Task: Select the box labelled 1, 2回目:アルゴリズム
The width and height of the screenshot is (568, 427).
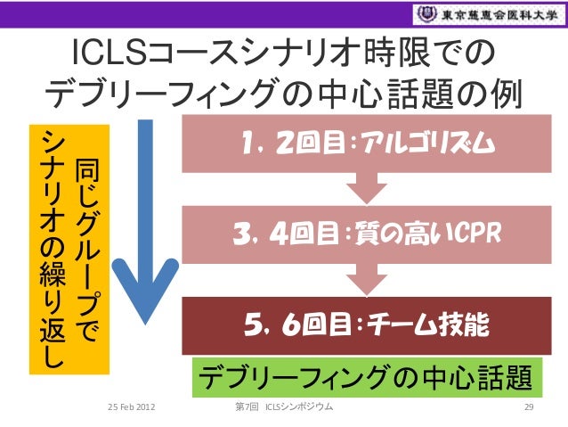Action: coord(361,146)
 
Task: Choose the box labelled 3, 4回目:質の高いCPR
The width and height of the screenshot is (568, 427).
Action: coord(361,234)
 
